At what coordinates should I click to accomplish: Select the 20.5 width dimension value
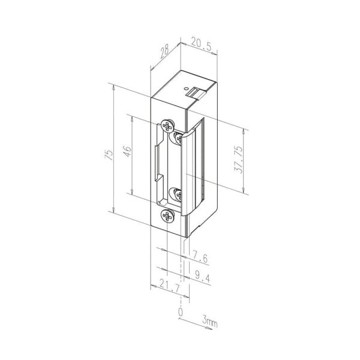(200, 44)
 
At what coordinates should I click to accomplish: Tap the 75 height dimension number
(109, 155)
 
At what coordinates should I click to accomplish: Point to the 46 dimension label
(127, 151)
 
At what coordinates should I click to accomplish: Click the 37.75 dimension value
(238, 160)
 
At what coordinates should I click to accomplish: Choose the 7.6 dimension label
(200, 257)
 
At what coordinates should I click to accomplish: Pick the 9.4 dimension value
(203, 277)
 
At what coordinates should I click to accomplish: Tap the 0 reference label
(181, 312)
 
